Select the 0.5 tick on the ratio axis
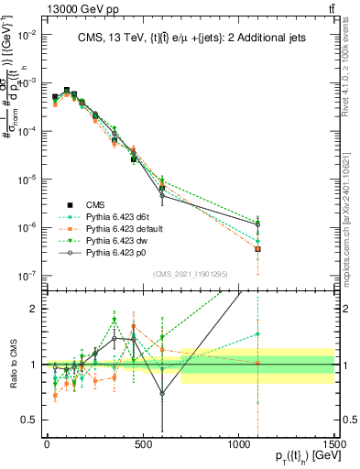(32, 420)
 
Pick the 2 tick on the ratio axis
(36, 309)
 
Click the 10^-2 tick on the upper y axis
(27, 34)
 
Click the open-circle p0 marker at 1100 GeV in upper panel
(258, 224)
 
